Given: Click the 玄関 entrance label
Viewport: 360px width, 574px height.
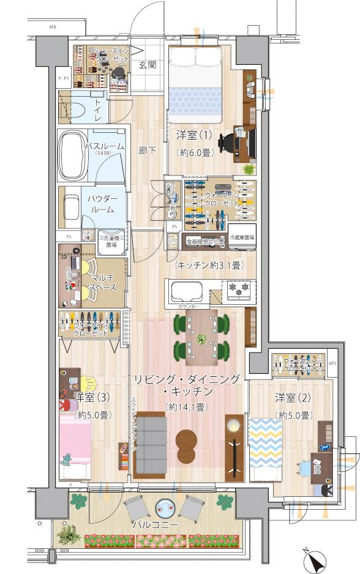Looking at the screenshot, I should pyautogui.click(x=146, y=64).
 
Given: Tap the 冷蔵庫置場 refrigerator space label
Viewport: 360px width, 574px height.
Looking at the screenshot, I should pyautogui.click(x=242, y=237).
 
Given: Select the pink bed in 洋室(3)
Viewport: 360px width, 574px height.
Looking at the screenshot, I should pyautogui.click(x=75, y=441).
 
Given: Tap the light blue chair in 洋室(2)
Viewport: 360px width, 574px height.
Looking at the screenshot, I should pyautogui.click(x=304, y=468).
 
